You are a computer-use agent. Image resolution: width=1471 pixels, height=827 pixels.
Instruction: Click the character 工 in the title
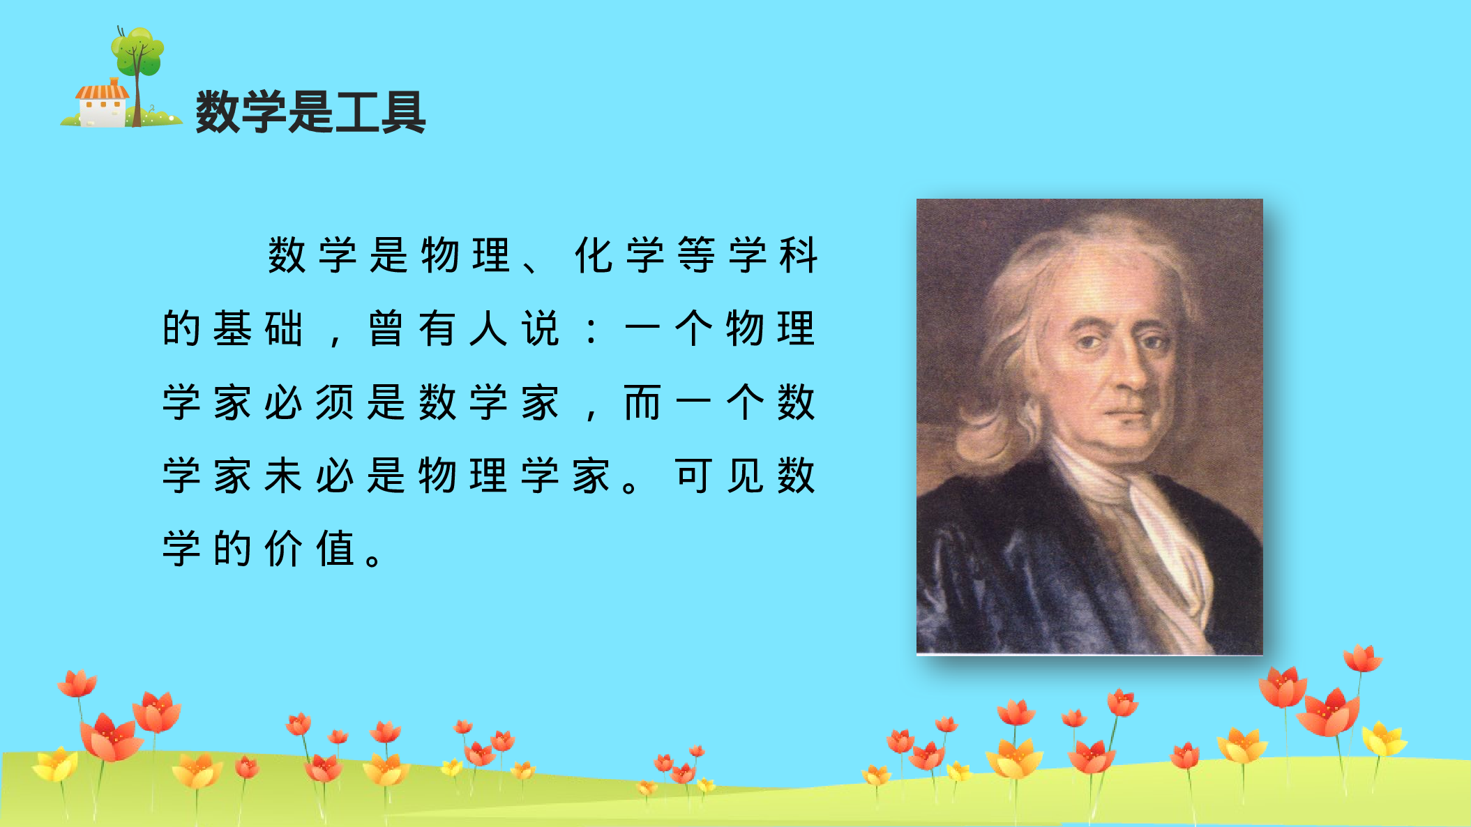click(357, 112)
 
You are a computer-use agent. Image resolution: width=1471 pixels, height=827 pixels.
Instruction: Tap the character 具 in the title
click(403, 112)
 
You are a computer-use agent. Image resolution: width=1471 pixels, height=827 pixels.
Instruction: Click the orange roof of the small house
click(103, 91)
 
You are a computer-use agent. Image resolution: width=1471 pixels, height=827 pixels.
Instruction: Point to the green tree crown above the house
click(138, 50)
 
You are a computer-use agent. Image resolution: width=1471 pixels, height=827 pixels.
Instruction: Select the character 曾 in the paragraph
click(386, 328)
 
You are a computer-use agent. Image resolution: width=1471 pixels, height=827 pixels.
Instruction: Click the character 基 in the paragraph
click(232, 328)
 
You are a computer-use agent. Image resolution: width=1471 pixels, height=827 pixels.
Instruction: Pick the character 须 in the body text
click(335, 402)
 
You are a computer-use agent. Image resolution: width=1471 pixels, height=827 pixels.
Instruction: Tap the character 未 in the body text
click(283, 476)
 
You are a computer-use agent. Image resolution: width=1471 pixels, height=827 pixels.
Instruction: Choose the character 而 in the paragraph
click(642, 402)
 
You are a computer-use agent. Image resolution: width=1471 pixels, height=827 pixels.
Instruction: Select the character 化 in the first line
click(593, 255)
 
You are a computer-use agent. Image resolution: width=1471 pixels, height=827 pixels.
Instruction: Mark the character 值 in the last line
click(335, 549)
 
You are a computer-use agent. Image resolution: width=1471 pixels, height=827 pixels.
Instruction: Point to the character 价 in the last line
click(283, 549)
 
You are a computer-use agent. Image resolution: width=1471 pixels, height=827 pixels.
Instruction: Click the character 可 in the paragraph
click(693, 476)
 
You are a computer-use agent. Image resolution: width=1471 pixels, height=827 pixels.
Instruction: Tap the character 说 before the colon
click(540, 328)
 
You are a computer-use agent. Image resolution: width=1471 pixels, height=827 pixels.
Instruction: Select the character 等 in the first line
click(695, 255)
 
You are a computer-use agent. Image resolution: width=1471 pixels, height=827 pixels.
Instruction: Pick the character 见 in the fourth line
click(745, 476)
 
